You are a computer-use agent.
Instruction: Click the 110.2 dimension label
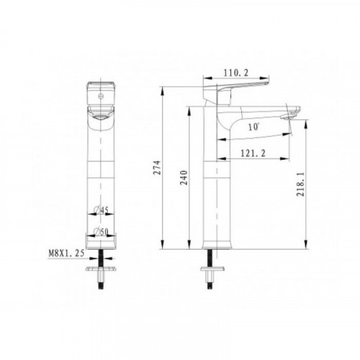pos(236,73)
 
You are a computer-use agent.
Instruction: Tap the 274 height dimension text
pos(158,167)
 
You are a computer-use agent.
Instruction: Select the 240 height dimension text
pos(184,178)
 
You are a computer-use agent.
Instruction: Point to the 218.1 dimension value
pos(300,184)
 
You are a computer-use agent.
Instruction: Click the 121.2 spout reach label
pos(253,153)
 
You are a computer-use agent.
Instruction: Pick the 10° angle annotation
pos(254,127)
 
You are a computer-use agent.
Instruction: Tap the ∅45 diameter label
pos(102,210)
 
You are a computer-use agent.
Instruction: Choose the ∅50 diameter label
pos(102,232)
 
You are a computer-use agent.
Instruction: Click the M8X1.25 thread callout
pos(66,253)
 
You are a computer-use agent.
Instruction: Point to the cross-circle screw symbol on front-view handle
pos(101,96)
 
